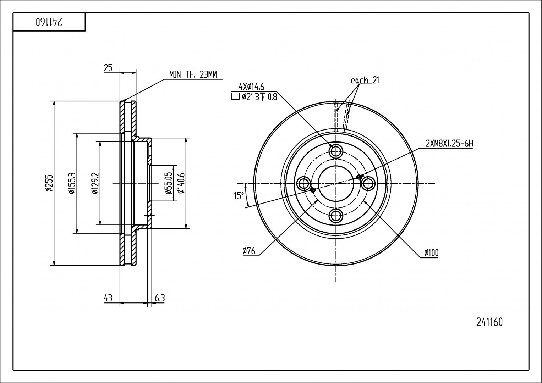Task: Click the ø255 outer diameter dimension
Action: point(49,183)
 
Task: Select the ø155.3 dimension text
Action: point(72,183)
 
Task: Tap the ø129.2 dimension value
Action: point(95,183)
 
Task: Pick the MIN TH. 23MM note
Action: point(193,74)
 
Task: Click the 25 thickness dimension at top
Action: point(108,68)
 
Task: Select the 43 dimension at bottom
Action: point(108,298)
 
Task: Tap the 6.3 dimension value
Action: point(160,298)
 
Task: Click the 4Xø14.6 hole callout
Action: point(251,86)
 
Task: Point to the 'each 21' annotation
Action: point(365,80)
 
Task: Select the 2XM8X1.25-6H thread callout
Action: point(449,144)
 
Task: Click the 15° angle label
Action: point(239,196)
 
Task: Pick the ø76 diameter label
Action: point(249,251)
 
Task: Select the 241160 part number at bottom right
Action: point(489,322)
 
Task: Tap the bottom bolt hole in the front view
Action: point(336,216)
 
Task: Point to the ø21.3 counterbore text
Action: point(251,97)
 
